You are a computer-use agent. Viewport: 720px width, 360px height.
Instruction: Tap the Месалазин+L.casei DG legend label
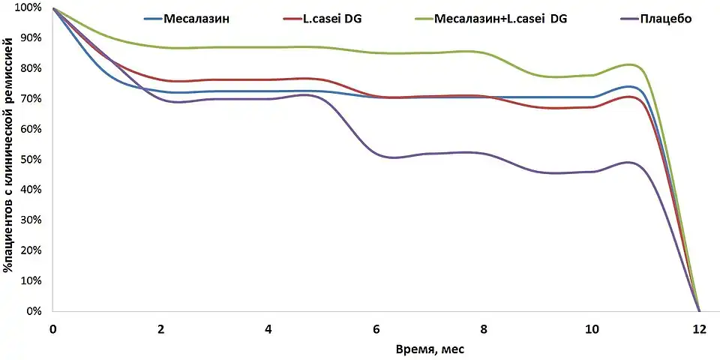[501, 19]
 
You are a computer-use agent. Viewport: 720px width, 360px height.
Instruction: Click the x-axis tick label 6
[376, 329]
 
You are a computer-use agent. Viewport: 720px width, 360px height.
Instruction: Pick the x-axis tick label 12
[699, 329]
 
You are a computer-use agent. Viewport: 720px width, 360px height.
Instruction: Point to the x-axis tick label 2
[161, 329]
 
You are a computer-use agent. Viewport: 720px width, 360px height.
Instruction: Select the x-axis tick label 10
[592, 329]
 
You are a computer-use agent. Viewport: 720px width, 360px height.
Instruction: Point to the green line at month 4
[268, 47]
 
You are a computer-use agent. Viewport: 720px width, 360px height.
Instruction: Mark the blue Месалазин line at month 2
[161, 91]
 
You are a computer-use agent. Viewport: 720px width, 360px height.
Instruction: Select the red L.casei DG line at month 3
[215, 79]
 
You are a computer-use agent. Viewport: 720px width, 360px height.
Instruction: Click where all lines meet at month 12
[699, 310]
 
